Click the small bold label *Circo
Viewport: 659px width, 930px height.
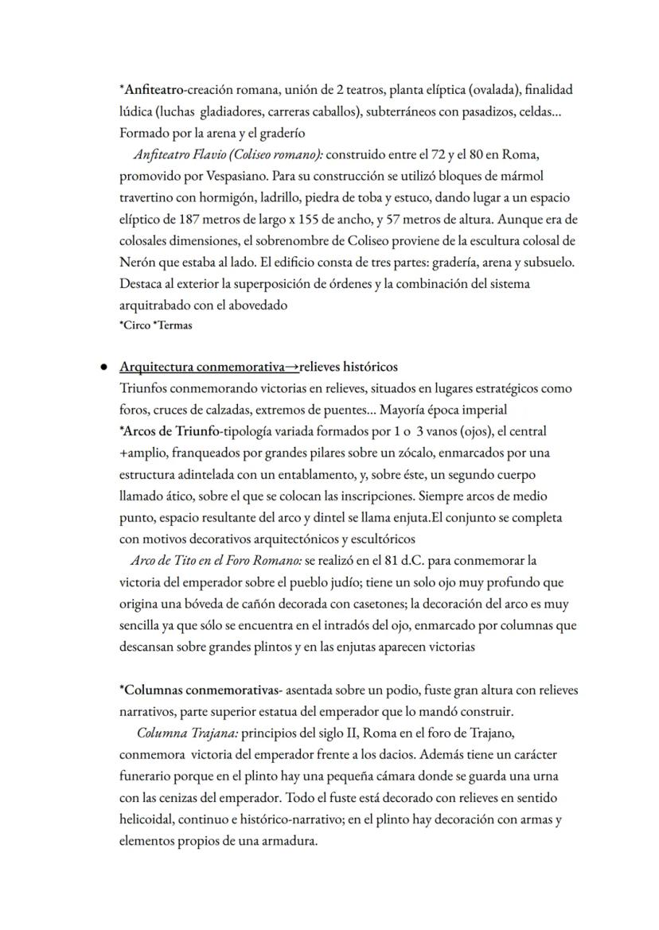pos(133,325)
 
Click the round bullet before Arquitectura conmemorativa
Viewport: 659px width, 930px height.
pos(103,368)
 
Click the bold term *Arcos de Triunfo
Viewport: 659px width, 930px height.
pos(170,431)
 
